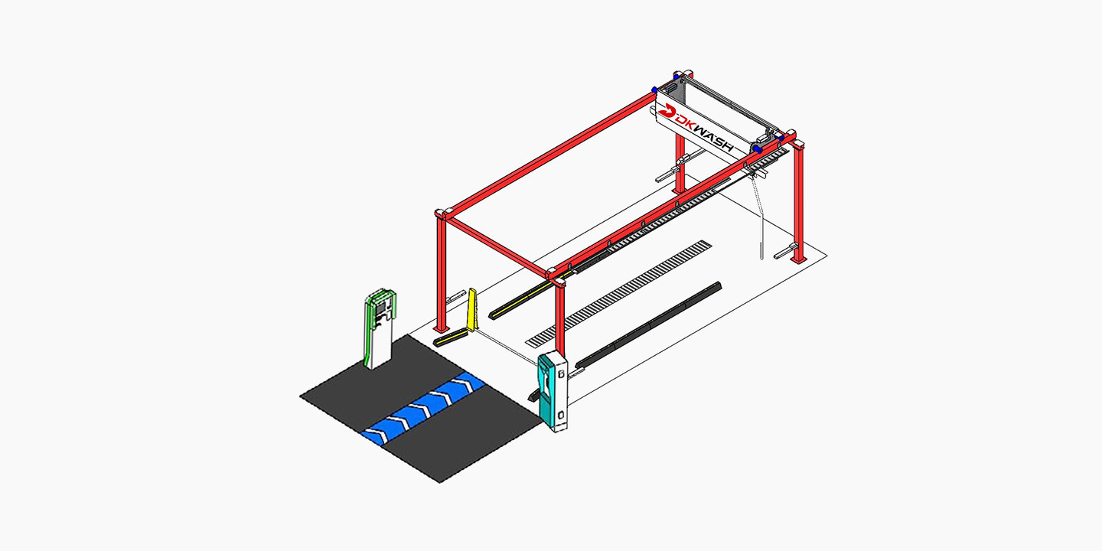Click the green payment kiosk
click(x=379, y=328)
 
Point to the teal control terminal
click(x=552, y=391)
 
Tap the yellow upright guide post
click(x=472, y=309)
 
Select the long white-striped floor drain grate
click(x=619, y=294)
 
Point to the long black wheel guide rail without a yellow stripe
click(x=648, y=326)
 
